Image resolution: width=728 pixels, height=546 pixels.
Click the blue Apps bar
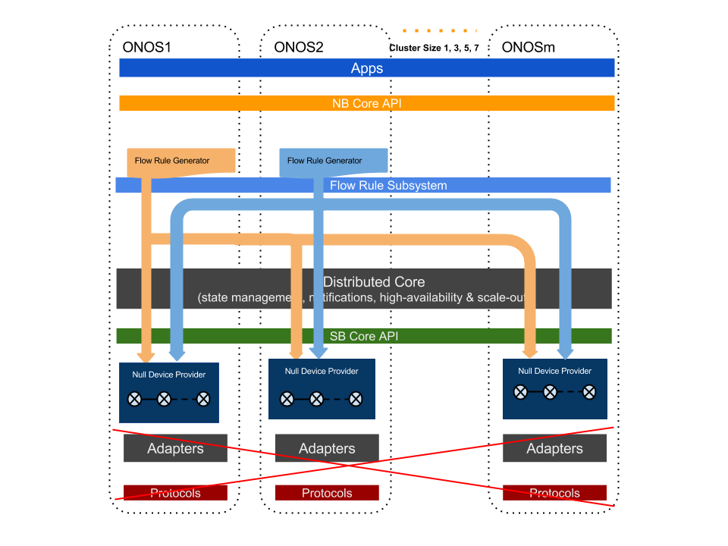pyautogui.click(x=367, y=68)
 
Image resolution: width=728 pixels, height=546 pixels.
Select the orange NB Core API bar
pyautogui.click(x=367, y=103)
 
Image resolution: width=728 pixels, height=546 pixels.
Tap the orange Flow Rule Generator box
pyautogui.click(x=180, y=161)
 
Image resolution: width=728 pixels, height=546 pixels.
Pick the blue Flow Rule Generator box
pyautogui.click(x=334, y=161)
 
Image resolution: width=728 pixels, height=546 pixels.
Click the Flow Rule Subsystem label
pyautogui.click(x=388, y=186)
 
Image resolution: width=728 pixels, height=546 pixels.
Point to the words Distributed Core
pyautogui.click(x=374, y=282)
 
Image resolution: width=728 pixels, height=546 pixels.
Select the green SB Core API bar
pyautogui.click(x=364, y=336)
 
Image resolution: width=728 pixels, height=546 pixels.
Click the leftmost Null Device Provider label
pyautogui.click(x=169, y=375)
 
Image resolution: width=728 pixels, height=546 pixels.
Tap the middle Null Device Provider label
pyautogui.click(x=322, y=371)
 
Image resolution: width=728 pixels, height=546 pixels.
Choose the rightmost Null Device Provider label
pyautogui.click(x=554, y=371)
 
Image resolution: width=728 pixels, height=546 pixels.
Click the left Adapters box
pyautogui.click(x=175, y=448)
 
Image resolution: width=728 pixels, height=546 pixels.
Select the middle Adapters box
pyautogui.click(x=327, y=448)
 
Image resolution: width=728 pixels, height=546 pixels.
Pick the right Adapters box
pyautogui.click(x=554, y=448)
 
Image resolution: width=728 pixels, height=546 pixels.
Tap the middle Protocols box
pyautogui.click(x=327, y=493)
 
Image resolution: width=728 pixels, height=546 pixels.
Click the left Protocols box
pyautogui.click(x=175, y=493)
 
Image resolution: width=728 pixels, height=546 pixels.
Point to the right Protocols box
pyautogui.click(x=554, y=493)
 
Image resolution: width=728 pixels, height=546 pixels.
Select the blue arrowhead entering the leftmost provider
pyautogui.click(x=177, y=354)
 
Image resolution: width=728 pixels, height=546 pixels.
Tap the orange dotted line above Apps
pyautogui.click(x=439, y=31)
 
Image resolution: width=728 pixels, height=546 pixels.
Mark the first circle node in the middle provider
pyautogui.click(x=287, y=399)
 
